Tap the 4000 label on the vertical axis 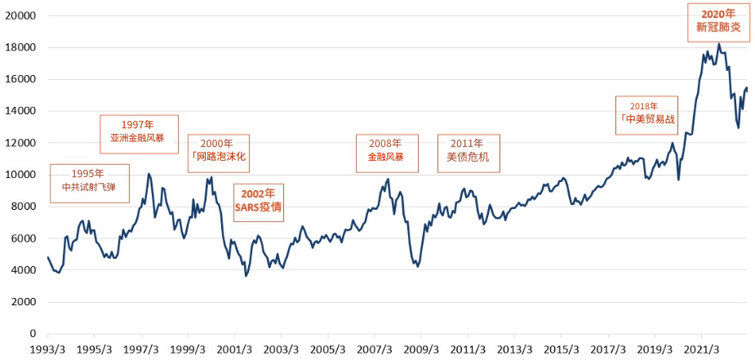pyautogui.click(x=27, y=270)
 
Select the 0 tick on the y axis pyautogui.click(x=35, y=334)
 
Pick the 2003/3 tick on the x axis pyautogui.click(x=282, y=349)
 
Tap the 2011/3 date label pyautogui.click(x=469, y=349)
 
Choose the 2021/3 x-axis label pyautogui.click(x=702, y=349)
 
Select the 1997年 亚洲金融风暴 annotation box pyautogui.click(x=138, y=134)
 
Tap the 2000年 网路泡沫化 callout pyautogui.click(x=218, y=153)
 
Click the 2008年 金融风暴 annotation pyautogui.click(x=387, y=153)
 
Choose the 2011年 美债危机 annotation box pyautogui.click(x=468, y=153)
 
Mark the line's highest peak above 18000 pyautogui.click(x=718, y=44)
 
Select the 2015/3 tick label pyautogui.click(x=562, y=349)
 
